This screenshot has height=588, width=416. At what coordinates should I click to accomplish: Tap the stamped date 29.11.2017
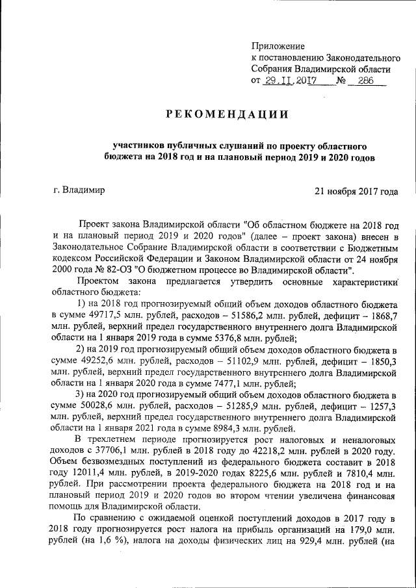point(290,81)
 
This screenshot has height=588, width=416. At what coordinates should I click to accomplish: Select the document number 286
point(363,81)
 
